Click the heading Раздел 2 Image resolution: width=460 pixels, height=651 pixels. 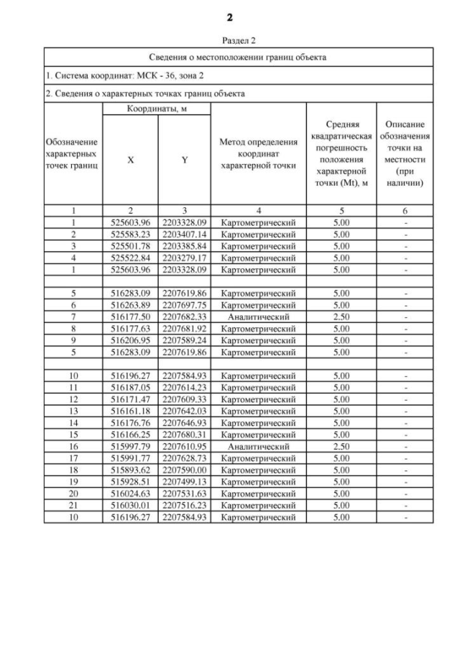[x=230, y=40]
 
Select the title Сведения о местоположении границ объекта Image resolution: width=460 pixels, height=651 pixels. [x=238, y=57]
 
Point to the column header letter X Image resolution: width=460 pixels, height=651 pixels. [x=130, y=160]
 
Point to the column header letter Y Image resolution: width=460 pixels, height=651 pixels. [x=185, y=160]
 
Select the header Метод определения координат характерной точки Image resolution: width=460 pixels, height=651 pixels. [x=258, y=154]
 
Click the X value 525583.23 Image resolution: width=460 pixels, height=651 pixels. [x=130, y=235]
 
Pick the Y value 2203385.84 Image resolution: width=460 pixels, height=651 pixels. [x=185, y=246]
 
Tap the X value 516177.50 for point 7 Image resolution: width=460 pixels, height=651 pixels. [x=130, y=317]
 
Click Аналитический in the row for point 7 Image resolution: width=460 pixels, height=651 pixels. [x=258, y=317]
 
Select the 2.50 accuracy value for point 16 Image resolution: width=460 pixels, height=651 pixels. [x=341, y=447]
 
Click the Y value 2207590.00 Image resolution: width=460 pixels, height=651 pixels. [x=185, y=470]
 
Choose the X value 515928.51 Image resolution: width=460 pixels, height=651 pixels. [x=130, y=482]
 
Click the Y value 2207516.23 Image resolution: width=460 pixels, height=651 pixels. [x=185, y=506]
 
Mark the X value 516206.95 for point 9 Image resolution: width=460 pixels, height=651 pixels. [x=130, y=340]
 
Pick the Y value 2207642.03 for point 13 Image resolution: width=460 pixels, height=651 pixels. [x=185, y=411]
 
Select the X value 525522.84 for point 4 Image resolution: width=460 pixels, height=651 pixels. [x=130, y=258]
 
